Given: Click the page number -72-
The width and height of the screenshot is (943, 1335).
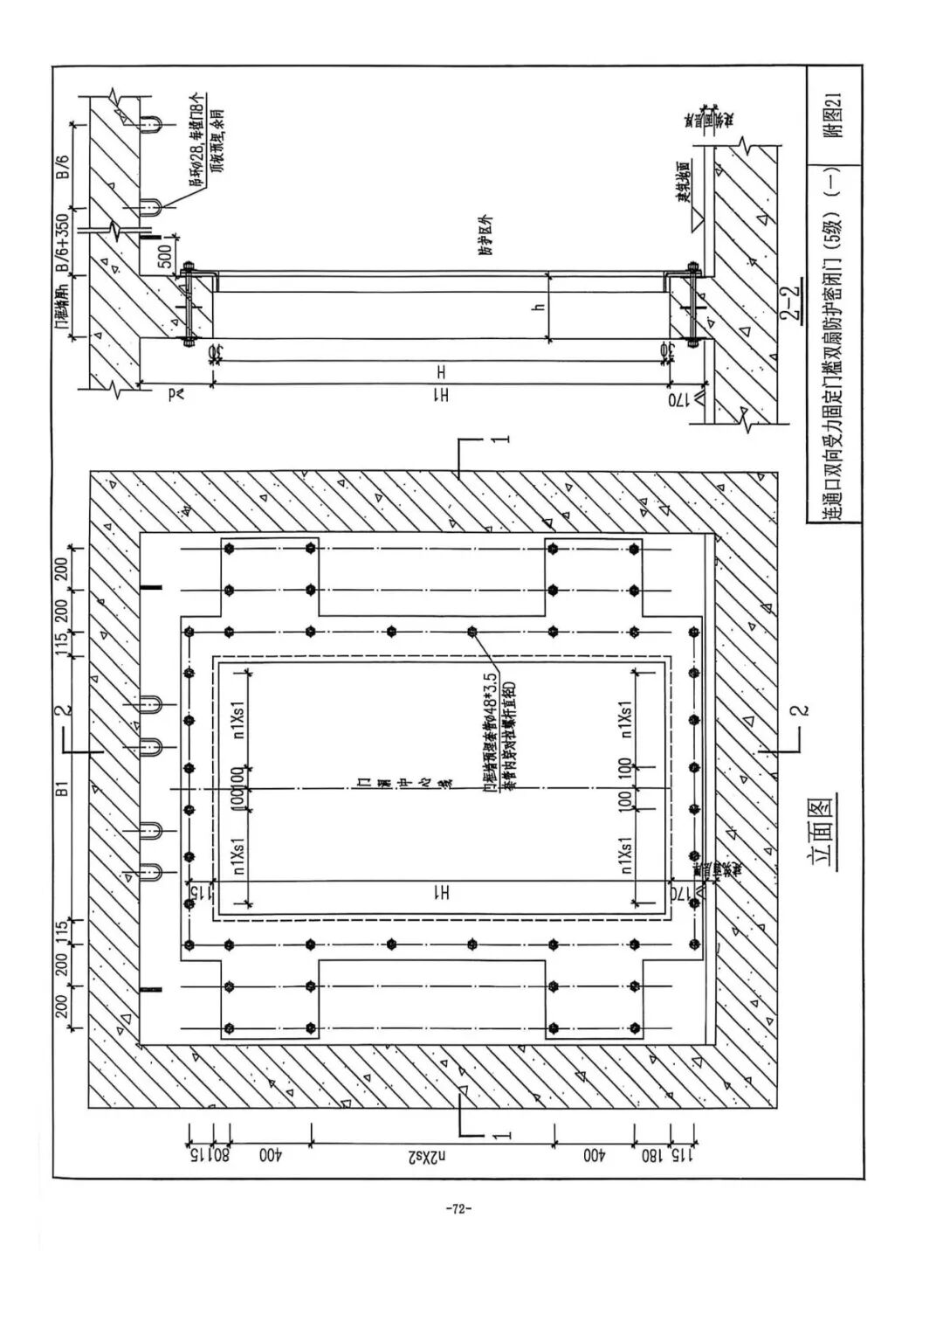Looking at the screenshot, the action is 458,1209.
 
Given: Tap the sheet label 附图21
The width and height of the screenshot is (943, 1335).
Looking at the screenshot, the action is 834,116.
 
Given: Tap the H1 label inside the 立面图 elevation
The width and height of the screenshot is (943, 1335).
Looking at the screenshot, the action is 443,892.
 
